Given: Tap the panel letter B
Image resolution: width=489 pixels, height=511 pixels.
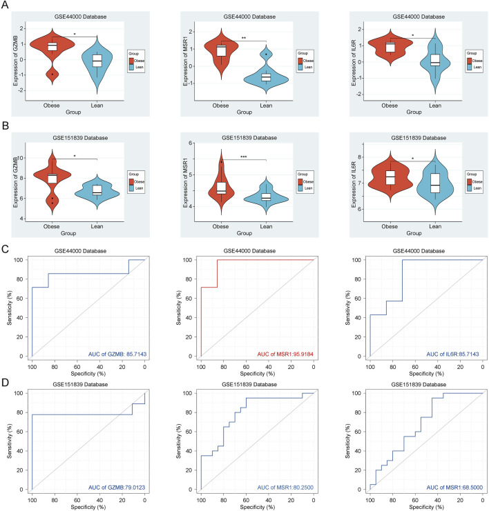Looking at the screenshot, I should click(6, 127).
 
